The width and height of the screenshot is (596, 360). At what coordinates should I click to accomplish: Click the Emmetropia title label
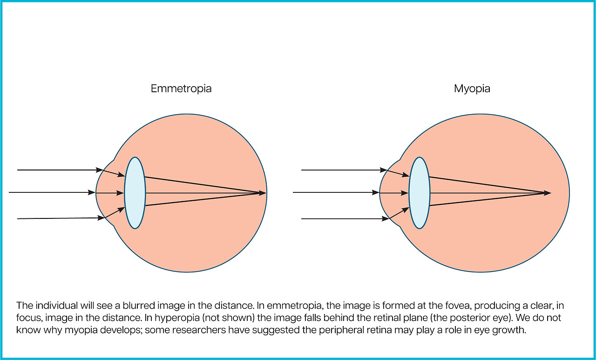click(181, 88)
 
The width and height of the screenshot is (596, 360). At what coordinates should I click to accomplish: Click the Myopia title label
click(472, 88)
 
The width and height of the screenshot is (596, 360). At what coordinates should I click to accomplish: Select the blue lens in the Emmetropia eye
click(135, 193)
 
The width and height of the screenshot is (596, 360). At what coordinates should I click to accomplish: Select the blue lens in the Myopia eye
click(420, 193)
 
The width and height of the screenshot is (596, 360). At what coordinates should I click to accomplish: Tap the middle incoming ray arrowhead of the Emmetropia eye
click(93, 192)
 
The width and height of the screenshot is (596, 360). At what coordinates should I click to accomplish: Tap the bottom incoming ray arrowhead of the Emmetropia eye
click(100, 218)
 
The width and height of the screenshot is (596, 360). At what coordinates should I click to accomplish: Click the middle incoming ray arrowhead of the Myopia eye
click(377, 192)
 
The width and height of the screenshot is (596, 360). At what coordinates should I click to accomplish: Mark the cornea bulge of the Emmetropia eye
click(103, 193)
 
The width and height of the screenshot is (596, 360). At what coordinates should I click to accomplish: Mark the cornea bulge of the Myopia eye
click(387, 193)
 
